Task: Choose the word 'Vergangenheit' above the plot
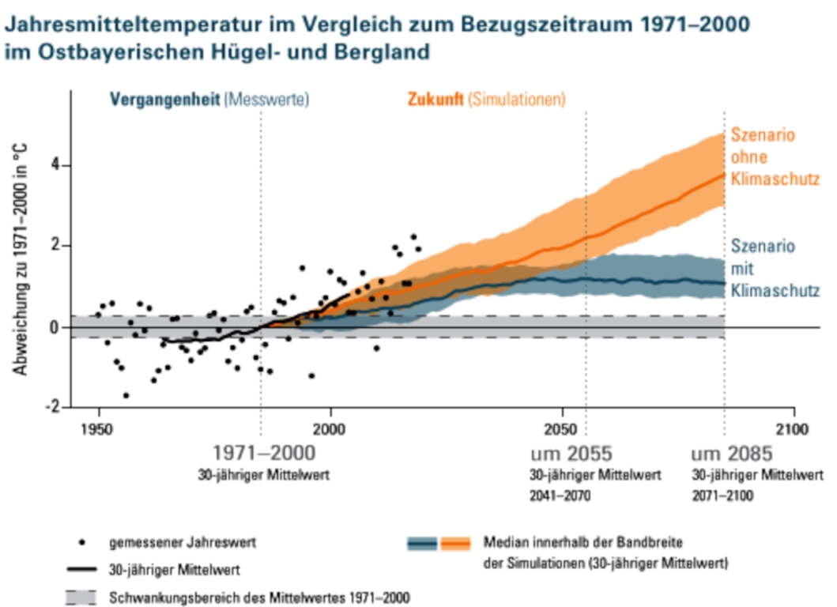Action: tap(164, 100)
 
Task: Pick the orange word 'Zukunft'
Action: tap(435, 100)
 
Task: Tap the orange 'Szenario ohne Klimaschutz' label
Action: tap(772, 156)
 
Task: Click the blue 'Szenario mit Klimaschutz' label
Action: tap(774, 268)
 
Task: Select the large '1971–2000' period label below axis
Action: tap(264, 454)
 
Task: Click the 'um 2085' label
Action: tap(731, 454)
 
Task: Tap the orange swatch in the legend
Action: tap(454, 544)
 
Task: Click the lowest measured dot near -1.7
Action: tap(126, 395)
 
